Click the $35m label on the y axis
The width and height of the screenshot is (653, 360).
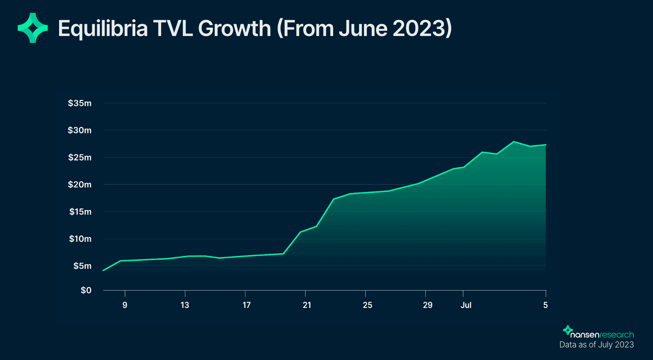pyautogui.click(x=80, y=103)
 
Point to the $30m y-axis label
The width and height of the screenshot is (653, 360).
pyautogui.click(x=80, y=130)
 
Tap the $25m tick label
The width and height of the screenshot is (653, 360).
pyautogui.click(x=80, y=157)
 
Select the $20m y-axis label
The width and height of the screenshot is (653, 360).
pyautogui.click(x=80, y=185)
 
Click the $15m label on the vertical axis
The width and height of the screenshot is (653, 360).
pyautogui.click(x=80, y=211)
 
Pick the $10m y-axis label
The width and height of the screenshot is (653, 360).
pyautogui.click(x=80, y=239)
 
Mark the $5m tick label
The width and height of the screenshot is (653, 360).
pyautogui.click(x=82, y=266)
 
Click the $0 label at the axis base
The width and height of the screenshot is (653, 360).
pyautogui.click(x=86, y=290)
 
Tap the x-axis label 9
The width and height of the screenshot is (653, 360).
pyautogui.click(x=125, y=305)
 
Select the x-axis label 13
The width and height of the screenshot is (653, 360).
pyautogui.click(x=185, y=305)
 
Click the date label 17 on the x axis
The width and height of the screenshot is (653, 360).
pyautogui.click(x=246, y=305)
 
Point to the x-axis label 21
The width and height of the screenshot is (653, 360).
pyautogui.click(x=307, y=305)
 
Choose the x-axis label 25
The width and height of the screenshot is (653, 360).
pyautogui.click(x=367, y=305)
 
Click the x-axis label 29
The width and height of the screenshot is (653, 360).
pyautogui.click(x=428, y=305)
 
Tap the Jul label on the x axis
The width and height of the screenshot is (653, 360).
pyautogui.click(x=466, y=305)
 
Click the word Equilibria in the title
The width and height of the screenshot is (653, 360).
pyautogui.click(x=103, y=29)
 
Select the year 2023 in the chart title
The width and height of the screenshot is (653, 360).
pyautogui.click(x=418, y=28)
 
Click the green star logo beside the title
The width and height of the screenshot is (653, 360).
pyautogui.click(x=33, y=28)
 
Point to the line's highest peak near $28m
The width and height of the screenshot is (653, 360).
pyautogui.click(x=514, y=142)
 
